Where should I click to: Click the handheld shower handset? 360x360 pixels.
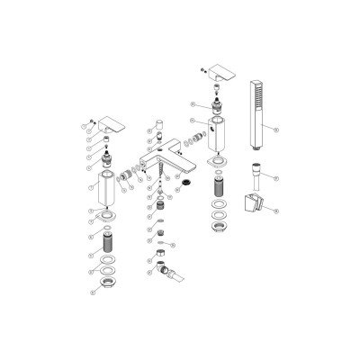point(254,112)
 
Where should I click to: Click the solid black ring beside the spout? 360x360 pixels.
point(187,185)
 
